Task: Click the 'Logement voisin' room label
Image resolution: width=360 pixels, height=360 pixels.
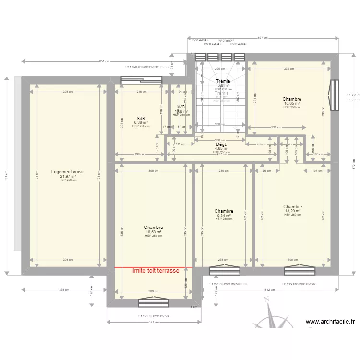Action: [68, 172]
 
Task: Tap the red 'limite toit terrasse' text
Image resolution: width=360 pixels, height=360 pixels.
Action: [155, 271]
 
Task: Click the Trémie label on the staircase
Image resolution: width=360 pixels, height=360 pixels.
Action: [223, 82]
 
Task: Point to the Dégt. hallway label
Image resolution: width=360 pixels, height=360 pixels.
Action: [221, 144]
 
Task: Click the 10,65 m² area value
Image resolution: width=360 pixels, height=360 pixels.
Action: [292, 103]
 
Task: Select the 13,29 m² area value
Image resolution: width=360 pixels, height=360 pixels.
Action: [292, 211]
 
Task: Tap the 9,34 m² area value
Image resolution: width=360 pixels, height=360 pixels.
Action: [224, 216]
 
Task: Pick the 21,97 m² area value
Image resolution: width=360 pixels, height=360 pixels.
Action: [68, 176]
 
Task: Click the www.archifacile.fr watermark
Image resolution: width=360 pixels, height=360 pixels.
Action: [330, 322]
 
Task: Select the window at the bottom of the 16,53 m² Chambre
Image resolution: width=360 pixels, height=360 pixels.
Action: [153, 302]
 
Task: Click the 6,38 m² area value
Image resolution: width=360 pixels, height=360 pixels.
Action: [141, 122]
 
